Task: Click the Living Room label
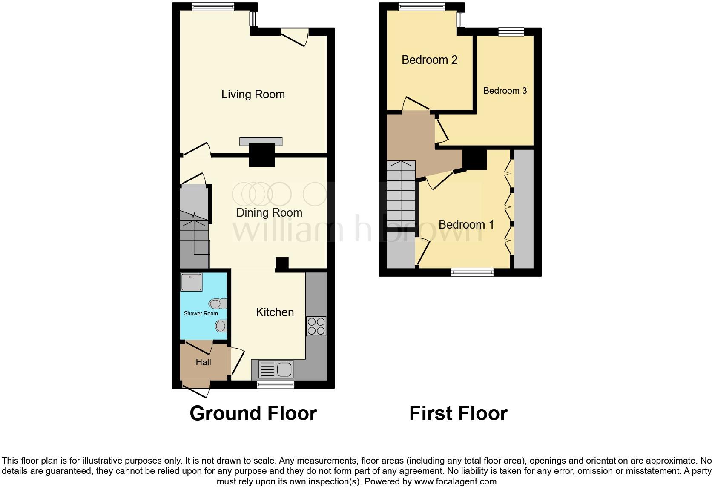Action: pyautogui.click(x=253, y=95)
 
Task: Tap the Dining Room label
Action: pyautogui.click(x=269, y=213)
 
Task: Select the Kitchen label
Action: pyautogui.click(x=275, y=312)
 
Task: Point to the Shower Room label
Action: pyautogui.click(x=201, y=314)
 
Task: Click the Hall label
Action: pyautogui.click(x=203, y=362)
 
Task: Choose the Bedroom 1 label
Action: pyautogui.click(x=466, y=225)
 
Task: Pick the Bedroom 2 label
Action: pyautogui.click(x=429, y=60)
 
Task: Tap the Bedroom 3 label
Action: pyautogui.click(x=505, y=91)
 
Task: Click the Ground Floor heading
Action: pyautogui.click(x=253, y=413)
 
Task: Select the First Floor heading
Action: pyautogui.click(x=458, y=413)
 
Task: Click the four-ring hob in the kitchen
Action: pyautogui.click(x=316, y=326)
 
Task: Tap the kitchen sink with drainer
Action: pyautogui.click(x=276, y=369)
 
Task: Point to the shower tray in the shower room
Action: pyautogui.click(x=191, y=282)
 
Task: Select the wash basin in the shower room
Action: pyautogui.click(x=221, y=326)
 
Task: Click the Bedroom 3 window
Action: pyautogui.click(x=511, y=32)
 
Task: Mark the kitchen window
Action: pyautogui.click(x=276, y=385)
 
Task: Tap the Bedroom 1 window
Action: pyautogui.click(x=472, y=272)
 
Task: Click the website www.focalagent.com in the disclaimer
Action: pyautogui.click(x=455, y=482)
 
